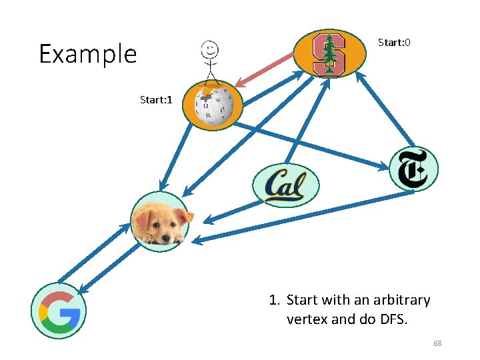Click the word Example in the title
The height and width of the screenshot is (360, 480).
coord(87,54)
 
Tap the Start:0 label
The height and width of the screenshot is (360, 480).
coord(394,43)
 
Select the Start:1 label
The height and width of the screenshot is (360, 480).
coord(156,100)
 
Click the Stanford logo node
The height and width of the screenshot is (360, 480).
coord(329,53)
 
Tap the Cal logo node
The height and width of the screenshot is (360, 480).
coord(285,185)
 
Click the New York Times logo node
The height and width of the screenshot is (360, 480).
coord(413,169)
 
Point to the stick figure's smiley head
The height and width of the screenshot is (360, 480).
coord(210,49)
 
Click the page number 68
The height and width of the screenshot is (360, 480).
coord(437,343)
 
